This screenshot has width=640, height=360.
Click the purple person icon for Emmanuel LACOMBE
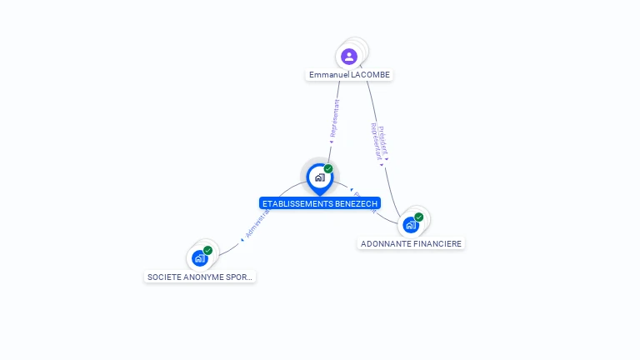349,57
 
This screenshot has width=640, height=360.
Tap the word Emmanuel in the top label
327,75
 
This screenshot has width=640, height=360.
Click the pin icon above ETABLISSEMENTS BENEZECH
319,177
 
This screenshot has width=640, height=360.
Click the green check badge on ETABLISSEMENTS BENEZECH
328,169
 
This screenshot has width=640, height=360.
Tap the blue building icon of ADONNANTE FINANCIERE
410,225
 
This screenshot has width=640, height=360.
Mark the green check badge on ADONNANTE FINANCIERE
418,217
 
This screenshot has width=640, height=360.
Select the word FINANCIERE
437,244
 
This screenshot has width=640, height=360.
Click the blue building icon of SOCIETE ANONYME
199,258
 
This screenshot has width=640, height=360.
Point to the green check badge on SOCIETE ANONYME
207,250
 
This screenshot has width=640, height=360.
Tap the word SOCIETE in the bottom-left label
163,277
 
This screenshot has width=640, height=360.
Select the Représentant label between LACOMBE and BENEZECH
335,119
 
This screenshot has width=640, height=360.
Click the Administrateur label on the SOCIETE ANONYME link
257,223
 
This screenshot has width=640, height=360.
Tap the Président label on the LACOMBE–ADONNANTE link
382,139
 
